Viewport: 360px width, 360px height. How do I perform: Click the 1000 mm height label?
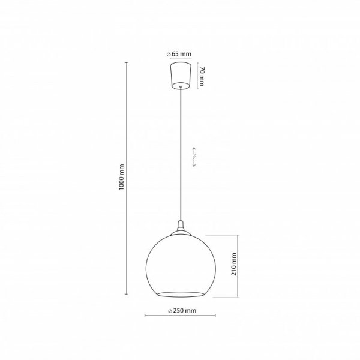pos(121,177)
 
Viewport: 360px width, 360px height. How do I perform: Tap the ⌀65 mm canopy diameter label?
pos(179,54)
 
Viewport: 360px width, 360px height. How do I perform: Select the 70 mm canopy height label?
pos(202,76)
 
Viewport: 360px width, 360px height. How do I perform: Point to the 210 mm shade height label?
pos(234,264)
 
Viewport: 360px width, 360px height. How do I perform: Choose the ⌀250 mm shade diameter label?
pos(182,311)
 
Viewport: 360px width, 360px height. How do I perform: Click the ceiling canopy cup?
pos(181,76)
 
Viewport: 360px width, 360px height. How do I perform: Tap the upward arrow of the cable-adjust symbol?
pos(194,151)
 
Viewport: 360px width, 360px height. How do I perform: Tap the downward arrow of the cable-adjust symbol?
pos(194,163)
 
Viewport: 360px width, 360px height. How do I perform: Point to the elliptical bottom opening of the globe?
pos(181,295)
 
